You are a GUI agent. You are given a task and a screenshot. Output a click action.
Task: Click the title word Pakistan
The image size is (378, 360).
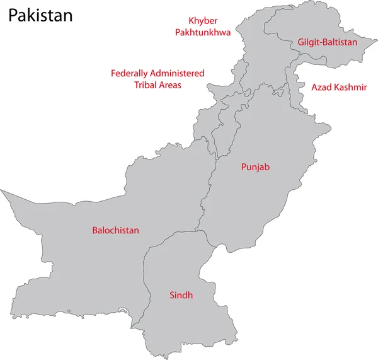40,15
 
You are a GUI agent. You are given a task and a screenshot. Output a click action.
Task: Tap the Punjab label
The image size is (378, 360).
256,167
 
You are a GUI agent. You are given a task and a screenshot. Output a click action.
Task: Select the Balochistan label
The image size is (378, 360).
115,231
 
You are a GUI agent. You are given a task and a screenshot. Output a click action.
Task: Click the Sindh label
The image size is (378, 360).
181,294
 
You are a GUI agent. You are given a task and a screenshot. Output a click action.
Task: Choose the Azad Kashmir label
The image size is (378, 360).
339,87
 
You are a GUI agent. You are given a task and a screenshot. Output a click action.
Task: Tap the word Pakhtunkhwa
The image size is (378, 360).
203,32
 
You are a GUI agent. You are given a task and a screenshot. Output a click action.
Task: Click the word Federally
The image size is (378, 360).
130,73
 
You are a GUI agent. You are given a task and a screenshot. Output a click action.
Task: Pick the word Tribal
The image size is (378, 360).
146,84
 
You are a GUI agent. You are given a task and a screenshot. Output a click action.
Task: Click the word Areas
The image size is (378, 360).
170,84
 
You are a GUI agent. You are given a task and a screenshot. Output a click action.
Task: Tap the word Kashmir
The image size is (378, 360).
351,87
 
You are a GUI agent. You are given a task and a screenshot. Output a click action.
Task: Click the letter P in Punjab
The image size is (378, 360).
244,167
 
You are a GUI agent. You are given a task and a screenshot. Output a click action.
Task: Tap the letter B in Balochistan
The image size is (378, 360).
94,231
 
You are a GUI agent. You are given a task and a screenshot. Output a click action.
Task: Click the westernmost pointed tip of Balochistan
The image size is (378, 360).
1,189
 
